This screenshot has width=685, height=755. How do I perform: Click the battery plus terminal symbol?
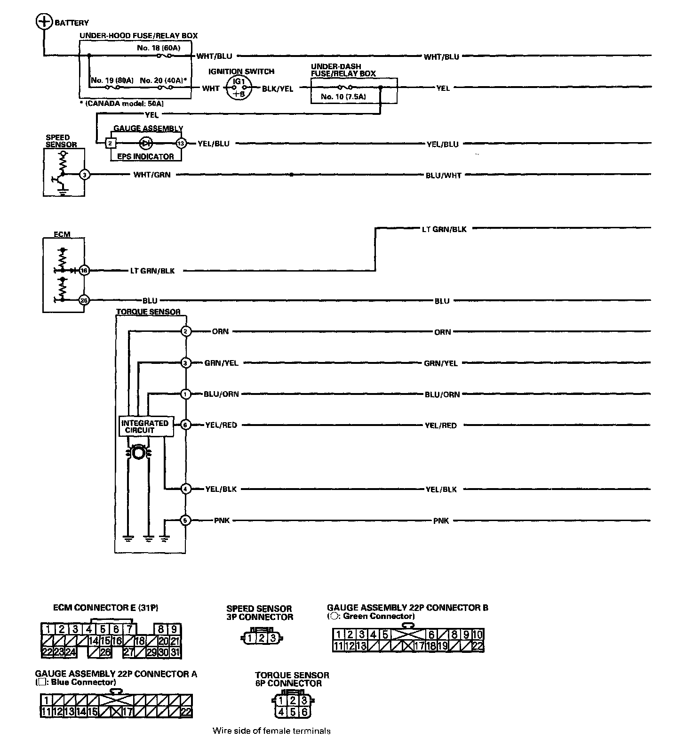[x=44, y=22]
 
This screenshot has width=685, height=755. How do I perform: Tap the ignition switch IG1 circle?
[x=239, y=88]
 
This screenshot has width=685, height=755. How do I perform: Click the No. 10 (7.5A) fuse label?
[x=343, y=97]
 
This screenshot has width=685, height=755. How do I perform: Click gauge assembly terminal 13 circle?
[x=181, y=143]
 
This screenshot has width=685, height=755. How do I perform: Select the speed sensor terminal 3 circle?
[x=85, y=175]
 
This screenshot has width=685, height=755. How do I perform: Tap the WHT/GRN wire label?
[x=152, y=175]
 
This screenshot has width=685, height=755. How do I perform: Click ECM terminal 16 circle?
[x=84, y=271]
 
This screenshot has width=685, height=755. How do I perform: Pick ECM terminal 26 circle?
[x=84, y=300]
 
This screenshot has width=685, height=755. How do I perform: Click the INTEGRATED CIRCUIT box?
[x=145, y=426]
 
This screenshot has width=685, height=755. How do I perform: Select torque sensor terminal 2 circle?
[x=186, y=331]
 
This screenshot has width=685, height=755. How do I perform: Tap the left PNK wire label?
[x=222, y=521]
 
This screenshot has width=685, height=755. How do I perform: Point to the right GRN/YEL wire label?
[x=441, y=363]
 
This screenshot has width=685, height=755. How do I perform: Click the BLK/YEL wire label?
[x=278, y=88]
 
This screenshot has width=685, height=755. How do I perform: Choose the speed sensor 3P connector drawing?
[x=261, y=638]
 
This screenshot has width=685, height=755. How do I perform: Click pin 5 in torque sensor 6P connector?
[x=293, y=712]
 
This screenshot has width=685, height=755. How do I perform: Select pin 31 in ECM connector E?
[x=175, y=652]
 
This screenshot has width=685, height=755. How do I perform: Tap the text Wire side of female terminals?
[x=271, y=731]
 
